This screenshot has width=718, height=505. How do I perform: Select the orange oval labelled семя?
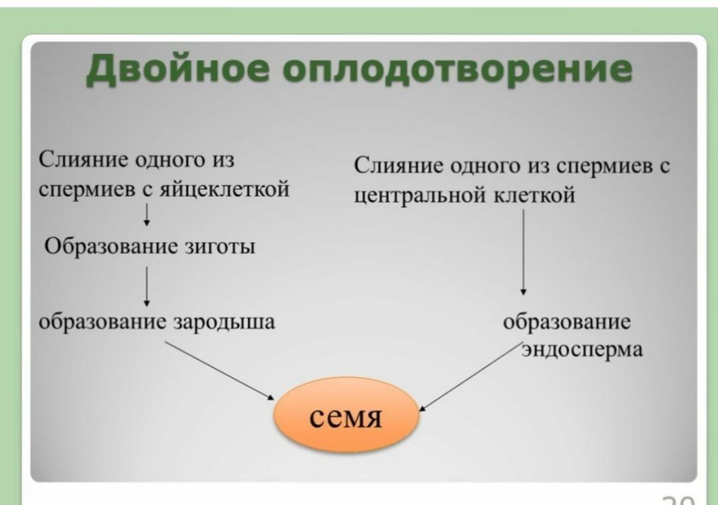[x=346, y=419]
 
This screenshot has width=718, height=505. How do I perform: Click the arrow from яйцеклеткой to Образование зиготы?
[x=147, y=216]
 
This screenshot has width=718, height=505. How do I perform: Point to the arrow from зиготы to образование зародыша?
[x=147, y=285]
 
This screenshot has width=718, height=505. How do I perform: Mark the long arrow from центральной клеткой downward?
[x=523, y=251]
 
